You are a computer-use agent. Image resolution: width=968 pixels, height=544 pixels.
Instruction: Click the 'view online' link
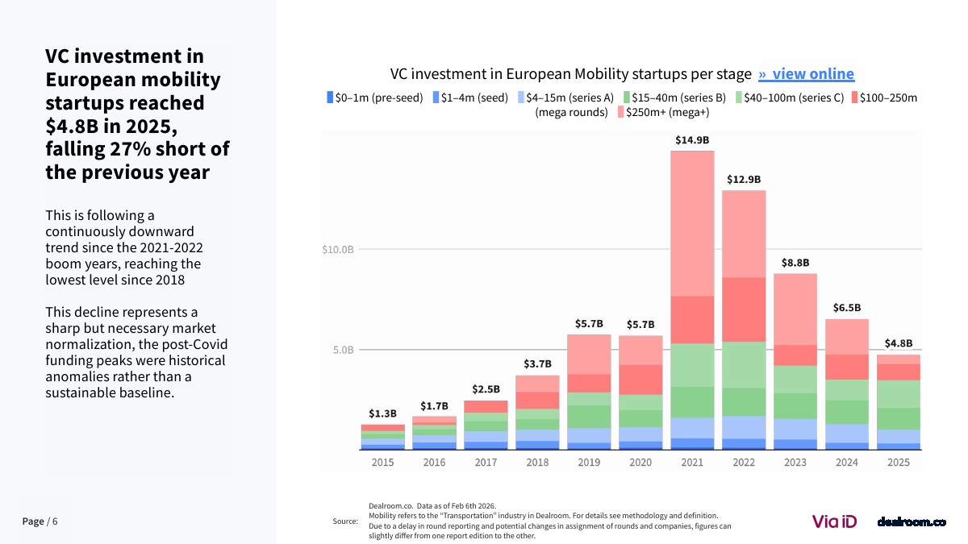(806, 74)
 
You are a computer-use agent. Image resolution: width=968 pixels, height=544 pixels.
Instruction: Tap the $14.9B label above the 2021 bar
(692, 140)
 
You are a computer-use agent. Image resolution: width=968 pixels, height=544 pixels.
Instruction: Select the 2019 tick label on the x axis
(589, 463)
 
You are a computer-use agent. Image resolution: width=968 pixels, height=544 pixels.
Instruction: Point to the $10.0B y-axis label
(338, 250)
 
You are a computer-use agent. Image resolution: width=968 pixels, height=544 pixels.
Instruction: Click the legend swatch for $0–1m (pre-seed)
(330, 98)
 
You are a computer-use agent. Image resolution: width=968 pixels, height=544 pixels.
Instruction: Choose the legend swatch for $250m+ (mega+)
(620, 112)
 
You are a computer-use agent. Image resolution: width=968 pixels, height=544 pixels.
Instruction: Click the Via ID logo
(834, 521)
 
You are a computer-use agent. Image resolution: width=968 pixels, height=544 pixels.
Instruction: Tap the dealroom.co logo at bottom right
(912, 522)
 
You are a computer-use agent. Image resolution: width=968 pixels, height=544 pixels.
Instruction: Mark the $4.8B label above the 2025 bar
(899, 343)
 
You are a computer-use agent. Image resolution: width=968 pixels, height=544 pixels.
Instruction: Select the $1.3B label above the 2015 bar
(382, 413)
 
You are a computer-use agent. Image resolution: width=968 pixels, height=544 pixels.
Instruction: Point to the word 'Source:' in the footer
(345, 521)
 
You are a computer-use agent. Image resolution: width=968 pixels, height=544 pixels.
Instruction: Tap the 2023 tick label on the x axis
(795, 463)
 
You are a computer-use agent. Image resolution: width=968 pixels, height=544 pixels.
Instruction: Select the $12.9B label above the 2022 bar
(744, 180)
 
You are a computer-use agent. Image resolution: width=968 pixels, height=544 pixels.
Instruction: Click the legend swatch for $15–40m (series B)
(626, 98)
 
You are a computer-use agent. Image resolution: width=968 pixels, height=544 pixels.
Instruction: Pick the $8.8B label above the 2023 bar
(795, 263)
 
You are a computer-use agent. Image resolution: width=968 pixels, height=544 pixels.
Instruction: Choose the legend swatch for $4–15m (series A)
(521, 98)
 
